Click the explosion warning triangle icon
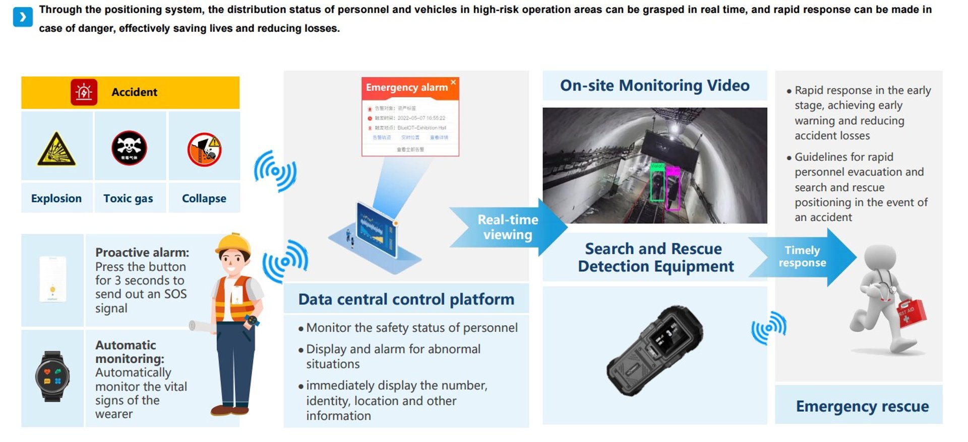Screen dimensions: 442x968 [x=56, y=149]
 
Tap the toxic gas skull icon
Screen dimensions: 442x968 [x=129, y=148]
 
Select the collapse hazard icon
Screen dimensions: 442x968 [x=204, y=149]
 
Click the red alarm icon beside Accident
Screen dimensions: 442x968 [x=84, y=92]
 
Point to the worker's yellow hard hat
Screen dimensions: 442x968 [x=233, y=243]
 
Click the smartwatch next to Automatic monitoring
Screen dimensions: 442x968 [x=52, y=376]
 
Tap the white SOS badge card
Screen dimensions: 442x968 [x=52, y=279]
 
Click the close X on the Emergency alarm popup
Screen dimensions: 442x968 [x=453, y=82]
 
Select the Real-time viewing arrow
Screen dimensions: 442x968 [x=508, y=227]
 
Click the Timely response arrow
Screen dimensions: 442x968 [x=803, y=257]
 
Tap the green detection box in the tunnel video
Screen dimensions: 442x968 [x=657, y=186]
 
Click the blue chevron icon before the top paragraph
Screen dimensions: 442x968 [x=23, y=17]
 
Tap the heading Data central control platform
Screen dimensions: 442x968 [x=406, y=299]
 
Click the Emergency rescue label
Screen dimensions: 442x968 [x=862, y=406]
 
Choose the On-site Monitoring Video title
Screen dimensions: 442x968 [x=654, y=86]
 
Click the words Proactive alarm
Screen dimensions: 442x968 [x=142, y=252]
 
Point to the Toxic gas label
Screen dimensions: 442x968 [x=128, y=198]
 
